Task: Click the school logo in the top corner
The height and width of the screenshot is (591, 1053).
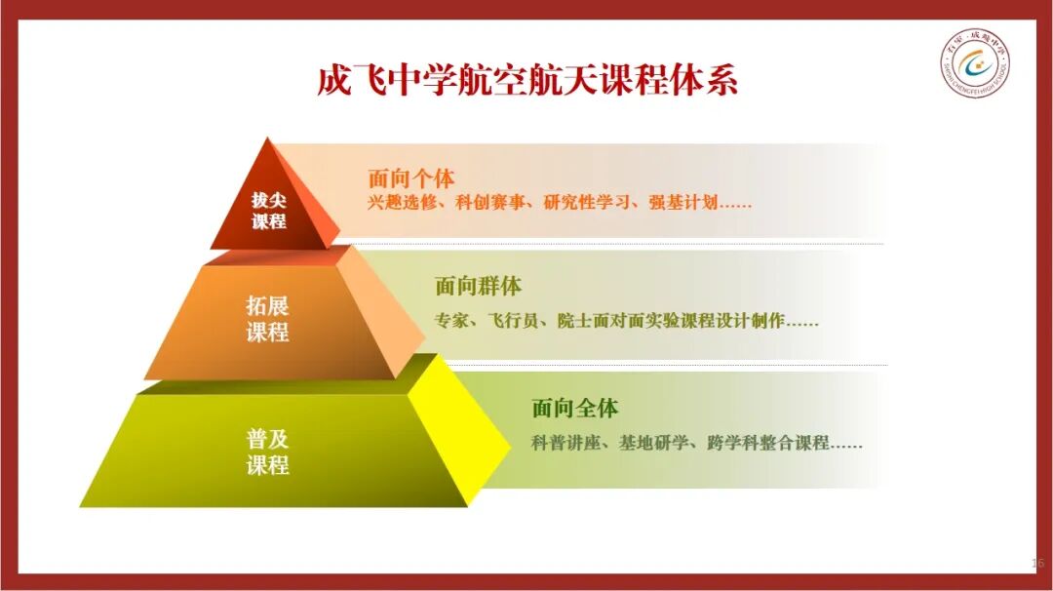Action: click(975, 63)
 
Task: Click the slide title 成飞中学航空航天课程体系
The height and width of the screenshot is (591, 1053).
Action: click(527, 81)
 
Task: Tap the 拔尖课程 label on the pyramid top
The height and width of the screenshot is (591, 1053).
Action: click(269, 211)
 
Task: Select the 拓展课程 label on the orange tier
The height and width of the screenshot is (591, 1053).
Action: click(267, 318)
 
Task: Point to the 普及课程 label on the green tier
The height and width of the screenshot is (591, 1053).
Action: click(267, 452)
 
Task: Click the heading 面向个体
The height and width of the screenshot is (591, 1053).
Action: click(411, 178)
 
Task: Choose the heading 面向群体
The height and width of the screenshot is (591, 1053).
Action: click(478, 286)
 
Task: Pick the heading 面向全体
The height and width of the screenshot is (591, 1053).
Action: click(575, 408)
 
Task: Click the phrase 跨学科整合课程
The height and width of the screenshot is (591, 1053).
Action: click(768, 443)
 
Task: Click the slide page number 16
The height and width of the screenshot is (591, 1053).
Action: click(1037, 563)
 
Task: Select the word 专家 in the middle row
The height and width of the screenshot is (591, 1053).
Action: click(451, 320)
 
